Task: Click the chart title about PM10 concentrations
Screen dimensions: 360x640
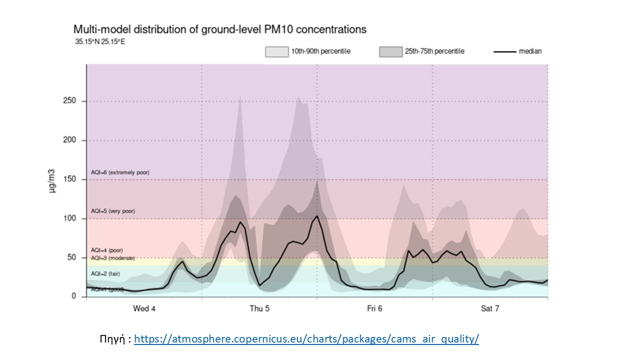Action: coord(220,29)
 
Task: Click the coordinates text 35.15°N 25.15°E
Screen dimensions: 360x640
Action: coord(100,41)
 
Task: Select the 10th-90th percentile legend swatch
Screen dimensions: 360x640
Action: coord(277,51)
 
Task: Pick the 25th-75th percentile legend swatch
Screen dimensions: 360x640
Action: coord(391,51)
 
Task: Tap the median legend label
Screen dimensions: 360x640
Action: coord(530,51)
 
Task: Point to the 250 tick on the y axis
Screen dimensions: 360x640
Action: coord(69,101)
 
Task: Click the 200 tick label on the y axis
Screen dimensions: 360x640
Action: coord(69,140)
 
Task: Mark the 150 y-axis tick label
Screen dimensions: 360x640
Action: coord(69,179)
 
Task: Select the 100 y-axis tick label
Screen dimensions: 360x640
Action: coord(69,218)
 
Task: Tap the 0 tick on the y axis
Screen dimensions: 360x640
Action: coord(74,296)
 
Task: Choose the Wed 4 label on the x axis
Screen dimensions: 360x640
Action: coord(144,308)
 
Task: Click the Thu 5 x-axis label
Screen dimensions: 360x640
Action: coord(259,308)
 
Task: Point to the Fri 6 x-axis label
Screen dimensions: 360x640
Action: coord(374,308)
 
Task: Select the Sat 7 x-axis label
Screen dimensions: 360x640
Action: coord(490,308)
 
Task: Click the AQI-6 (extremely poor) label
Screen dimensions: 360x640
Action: coord(120,172)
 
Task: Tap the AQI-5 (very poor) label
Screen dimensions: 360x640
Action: coord(112,211)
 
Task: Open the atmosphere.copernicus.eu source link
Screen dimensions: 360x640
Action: coord(306,339)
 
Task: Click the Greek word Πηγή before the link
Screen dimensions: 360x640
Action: coord(113,339)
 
